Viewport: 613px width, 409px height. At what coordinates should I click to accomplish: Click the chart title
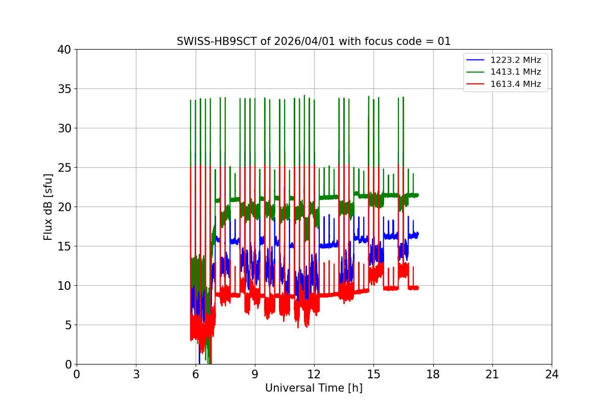[314, 41]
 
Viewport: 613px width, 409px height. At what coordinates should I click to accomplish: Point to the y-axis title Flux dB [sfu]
[48, 207]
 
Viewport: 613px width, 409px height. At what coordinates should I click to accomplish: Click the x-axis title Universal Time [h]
[314, 388]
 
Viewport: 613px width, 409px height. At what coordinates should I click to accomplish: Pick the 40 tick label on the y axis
[64, 50]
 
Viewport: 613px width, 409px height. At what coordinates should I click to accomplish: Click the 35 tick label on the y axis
[64, 89]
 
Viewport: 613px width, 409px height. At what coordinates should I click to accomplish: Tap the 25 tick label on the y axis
[64, 168]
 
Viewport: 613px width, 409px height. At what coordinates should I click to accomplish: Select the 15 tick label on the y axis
[64, 246]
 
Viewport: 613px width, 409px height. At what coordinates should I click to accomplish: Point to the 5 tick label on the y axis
[67, 325]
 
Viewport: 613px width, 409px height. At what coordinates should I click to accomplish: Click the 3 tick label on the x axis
[136, 374]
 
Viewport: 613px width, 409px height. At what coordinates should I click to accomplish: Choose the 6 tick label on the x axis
[195, 374]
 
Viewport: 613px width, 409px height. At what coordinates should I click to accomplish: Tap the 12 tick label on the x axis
[314, 374]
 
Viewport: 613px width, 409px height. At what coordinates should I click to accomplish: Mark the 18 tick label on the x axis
[433, 374]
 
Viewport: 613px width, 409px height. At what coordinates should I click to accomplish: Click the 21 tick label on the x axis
[492, 374]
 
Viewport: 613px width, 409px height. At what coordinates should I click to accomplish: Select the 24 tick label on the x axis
[551, 374]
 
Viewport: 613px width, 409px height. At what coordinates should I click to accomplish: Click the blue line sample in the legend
[475, 60]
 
